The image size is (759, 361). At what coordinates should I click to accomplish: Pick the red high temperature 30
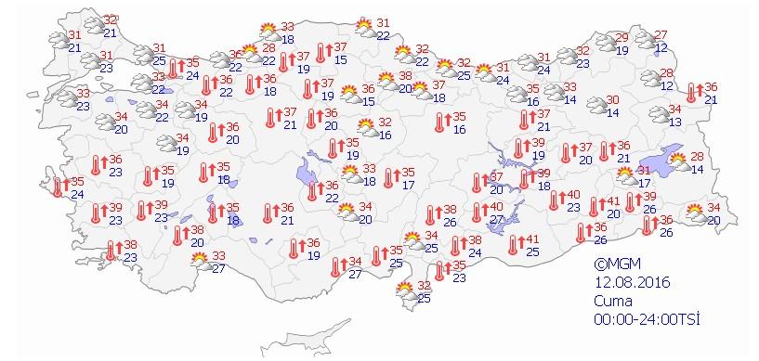[x=613, y=99]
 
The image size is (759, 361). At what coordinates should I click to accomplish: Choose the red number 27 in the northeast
[x=661, y=34]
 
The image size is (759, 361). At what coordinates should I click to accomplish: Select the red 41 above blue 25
[x=532, y=238]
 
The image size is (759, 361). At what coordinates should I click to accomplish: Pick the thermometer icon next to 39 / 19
[x=520, y=148]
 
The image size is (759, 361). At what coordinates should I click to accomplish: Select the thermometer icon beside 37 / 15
[x=321, y=52]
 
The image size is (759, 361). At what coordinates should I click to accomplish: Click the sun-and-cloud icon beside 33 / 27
[x=200, y=262]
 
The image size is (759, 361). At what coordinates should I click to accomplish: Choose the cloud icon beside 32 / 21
[x=92, y=25]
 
